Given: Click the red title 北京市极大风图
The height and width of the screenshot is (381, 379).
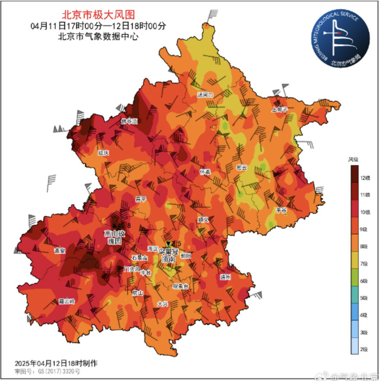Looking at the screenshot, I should [x=98, y=15].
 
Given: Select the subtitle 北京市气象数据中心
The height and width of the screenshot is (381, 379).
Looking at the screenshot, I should [x=98, y=37].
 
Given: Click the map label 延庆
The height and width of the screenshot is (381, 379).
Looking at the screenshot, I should [x=103, y=153].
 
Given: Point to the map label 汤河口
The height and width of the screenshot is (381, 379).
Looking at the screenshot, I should [x=205, y=95].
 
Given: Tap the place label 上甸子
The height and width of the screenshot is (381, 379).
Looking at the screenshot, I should [x=279, y=109].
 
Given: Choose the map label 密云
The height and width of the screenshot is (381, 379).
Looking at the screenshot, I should [x=241, y=167].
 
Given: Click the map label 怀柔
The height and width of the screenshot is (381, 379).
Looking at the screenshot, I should [x=205, y=172].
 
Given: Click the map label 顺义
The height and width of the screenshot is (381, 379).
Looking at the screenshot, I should [x=203, y=219].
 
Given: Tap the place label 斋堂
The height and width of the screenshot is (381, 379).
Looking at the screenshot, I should [x=60, y=251].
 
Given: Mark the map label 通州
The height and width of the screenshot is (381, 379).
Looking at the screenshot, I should [x=225, y=277].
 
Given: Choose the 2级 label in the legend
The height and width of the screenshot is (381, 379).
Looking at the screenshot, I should [x=365, y=349].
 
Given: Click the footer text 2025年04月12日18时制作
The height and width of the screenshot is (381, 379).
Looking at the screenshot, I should [x=56, y=363].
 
